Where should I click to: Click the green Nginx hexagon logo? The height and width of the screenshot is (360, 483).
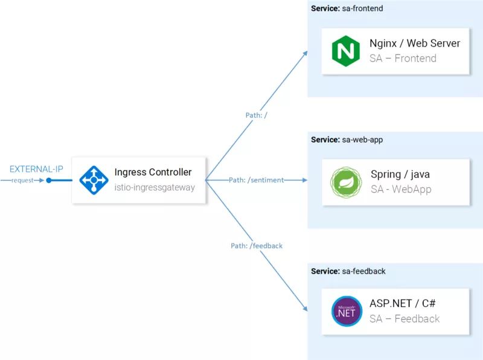point(346,51)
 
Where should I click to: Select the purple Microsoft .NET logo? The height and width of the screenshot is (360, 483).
point(347,311)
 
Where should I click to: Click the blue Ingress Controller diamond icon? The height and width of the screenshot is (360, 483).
point(94,180)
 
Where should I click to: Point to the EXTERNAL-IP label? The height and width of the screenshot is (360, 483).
point(36,169)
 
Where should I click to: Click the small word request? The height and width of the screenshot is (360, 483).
point(22,181)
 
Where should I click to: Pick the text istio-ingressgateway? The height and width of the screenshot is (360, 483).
point(155,188)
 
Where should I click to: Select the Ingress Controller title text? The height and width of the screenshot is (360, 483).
point(153,173)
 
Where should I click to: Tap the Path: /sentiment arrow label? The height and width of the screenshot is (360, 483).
point(256,180)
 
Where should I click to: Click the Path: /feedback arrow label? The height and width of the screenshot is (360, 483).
point(257,246)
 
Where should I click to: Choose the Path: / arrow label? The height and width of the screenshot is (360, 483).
point(256,115)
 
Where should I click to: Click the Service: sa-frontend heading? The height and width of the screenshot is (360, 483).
point(347,8)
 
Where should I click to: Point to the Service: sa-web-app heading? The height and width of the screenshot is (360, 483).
point(347,140)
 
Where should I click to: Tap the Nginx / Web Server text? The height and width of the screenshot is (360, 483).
point(415,43)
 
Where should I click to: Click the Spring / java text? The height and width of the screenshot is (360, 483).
point(400,175)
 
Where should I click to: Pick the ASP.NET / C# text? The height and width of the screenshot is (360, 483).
point(404,304)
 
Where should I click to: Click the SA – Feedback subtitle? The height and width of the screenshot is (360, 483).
point(405,319)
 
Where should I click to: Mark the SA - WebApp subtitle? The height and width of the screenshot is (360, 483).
point(401,190)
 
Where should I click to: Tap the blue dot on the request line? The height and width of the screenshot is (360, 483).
point(50,180)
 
